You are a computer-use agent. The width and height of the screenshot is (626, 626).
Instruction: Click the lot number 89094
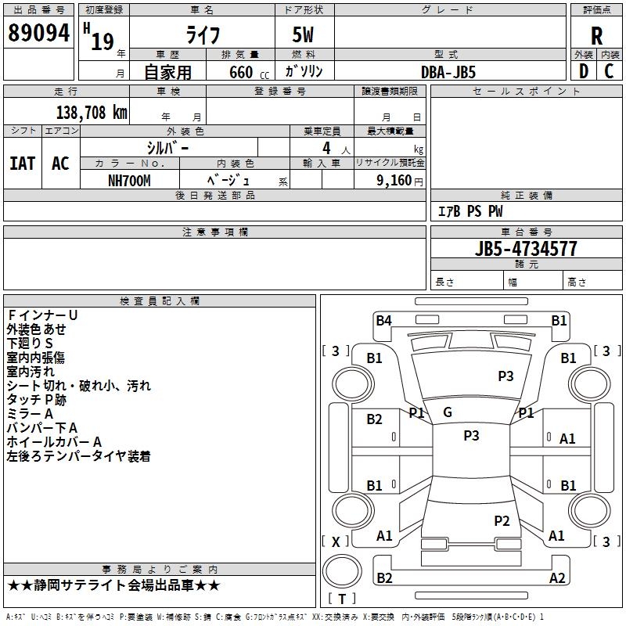(x=38, y=34)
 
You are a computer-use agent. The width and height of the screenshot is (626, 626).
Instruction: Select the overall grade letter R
(x=596, y=35)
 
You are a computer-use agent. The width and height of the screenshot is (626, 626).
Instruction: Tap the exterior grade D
(x=583, y=71)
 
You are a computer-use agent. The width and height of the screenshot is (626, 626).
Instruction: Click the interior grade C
(x=610, y=71)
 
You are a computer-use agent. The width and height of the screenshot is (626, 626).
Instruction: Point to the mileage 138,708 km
(x=92, y=112)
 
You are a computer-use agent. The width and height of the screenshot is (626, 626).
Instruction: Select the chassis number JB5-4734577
(x=526, y=249)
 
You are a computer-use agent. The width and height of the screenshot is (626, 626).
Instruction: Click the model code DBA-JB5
(x=448, y=71)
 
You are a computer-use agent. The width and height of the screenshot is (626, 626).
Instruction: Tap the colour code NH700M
(x=129, y=180)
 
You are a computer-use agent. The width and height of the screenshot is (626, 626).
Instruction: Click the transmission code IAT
(x=22, y=164)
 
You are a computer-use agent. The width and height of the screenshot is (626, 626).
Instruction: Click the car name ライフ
(x=201, y=36)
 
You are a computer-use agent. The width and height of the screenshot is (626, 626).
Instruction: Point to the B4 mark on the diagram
(x=383, y=320)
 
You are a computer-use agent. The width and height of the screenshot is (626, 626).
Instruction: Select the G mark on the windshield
(x=448, y=412)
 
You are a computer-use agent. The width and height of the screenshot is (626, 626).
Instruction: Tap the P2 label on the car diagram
(x=502, y=520)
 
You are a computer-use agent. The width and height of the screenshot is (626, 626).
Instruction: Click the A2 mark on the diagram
(x=557, y=577)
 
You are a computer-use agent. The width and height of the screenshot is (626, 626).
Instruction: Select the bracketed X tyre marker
(x=336, y=541)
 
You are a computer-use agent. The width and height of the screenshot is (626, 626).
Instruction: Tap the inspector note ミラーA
(x=30, y=413)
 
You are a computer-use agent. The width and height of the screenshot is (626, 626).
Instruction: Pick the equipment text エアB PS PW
(x=469, y=211)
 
